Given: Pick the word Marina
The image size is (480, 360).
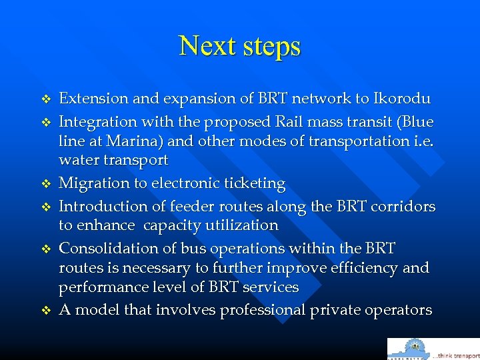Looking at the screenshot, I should coord(131,141).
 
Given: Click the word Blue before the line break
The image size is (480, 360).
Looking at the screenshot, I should coord(418,123).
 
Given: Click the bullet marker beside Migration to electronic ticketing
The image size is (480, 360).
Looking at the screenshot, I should coord(46,184).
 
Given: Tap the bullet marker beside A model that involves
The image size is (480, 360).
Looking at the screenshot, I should coord(46,311).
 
